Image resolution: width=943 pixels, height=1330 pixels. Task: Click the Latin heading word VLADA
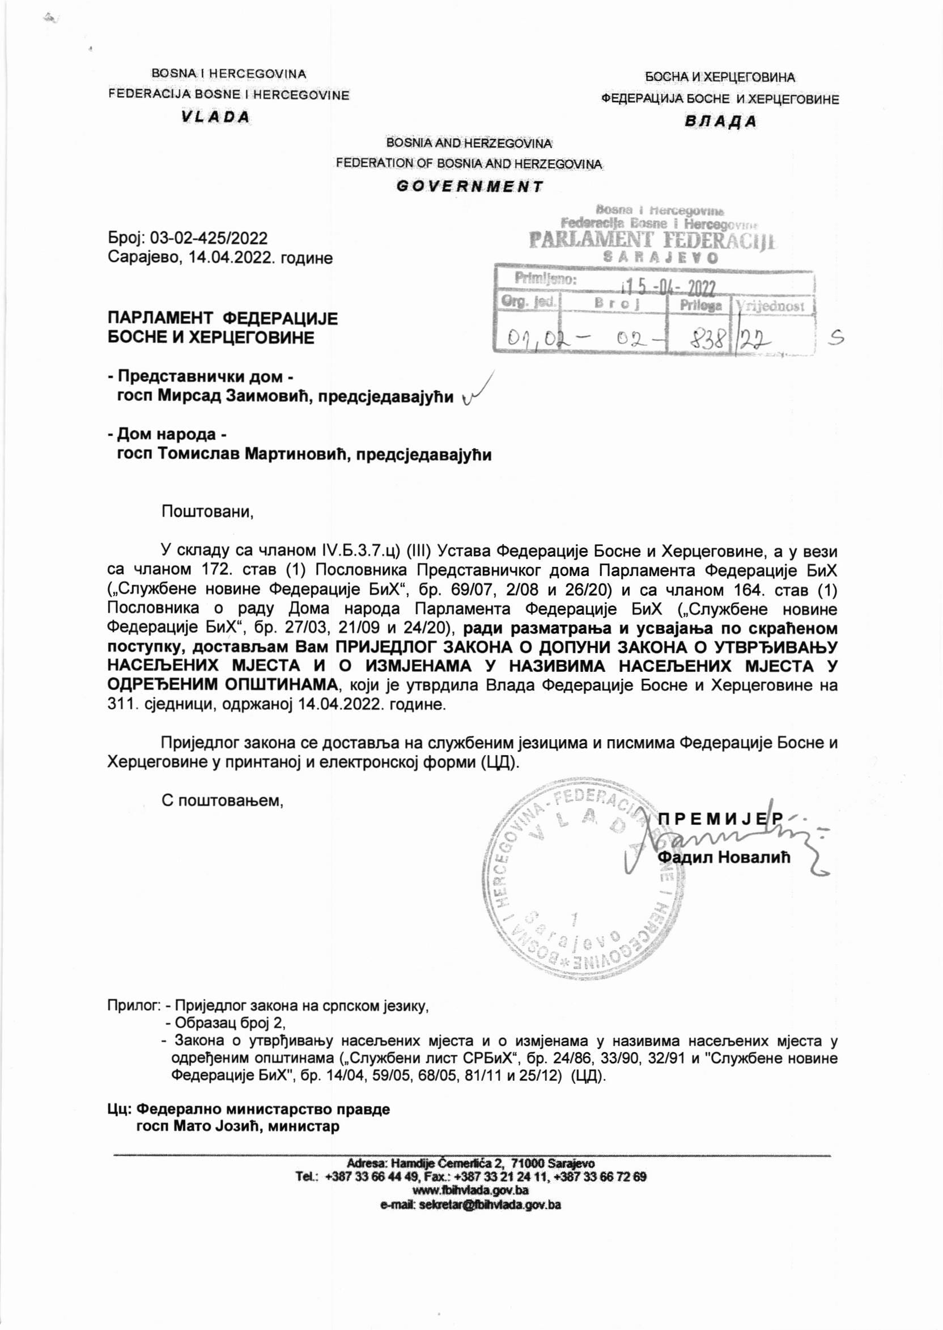tap(215, 117)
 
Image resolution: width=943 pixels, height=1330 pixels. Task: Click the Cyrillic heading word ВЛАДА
tap(720, 121)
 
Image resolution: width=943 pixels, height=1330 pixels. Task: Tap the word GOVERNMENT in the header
tap(469, 187)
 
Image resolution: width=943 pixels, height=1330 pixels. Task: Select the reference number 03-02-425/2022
tap(209, 238)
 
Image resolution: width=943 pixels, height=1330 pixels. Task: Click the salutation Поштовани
tap(207, 512)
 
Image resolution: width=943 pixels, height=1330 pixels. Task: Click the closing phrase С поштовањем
tap(222, 800)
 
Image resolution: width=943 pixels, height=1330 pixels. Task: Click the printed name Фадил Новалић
tap(724, 857)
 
